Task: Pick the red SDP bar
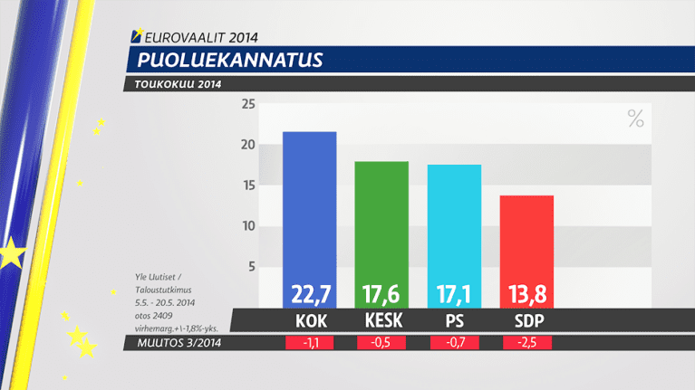pos(526,235)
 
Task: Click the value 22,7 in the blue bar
pos(310,293)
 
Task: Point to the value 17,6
pos(381,293)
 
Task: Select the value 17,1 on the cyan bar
pos(454,293)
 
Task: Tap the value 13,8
pos(526,293)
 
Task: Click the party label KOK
pos(310,321)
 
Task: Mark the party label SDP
pos(526,321)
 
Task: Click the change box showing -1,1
pos(310,343)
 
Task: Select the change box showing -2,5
pos(526,343)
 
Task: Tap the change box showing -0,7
pos(454,343)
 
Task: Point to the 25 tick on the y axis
pos(247,104)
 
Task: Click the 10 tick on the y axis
pos(247,226)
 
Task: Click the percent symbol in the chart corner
pos(635,119)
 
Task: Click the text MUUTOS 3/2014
pos(179,343)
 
